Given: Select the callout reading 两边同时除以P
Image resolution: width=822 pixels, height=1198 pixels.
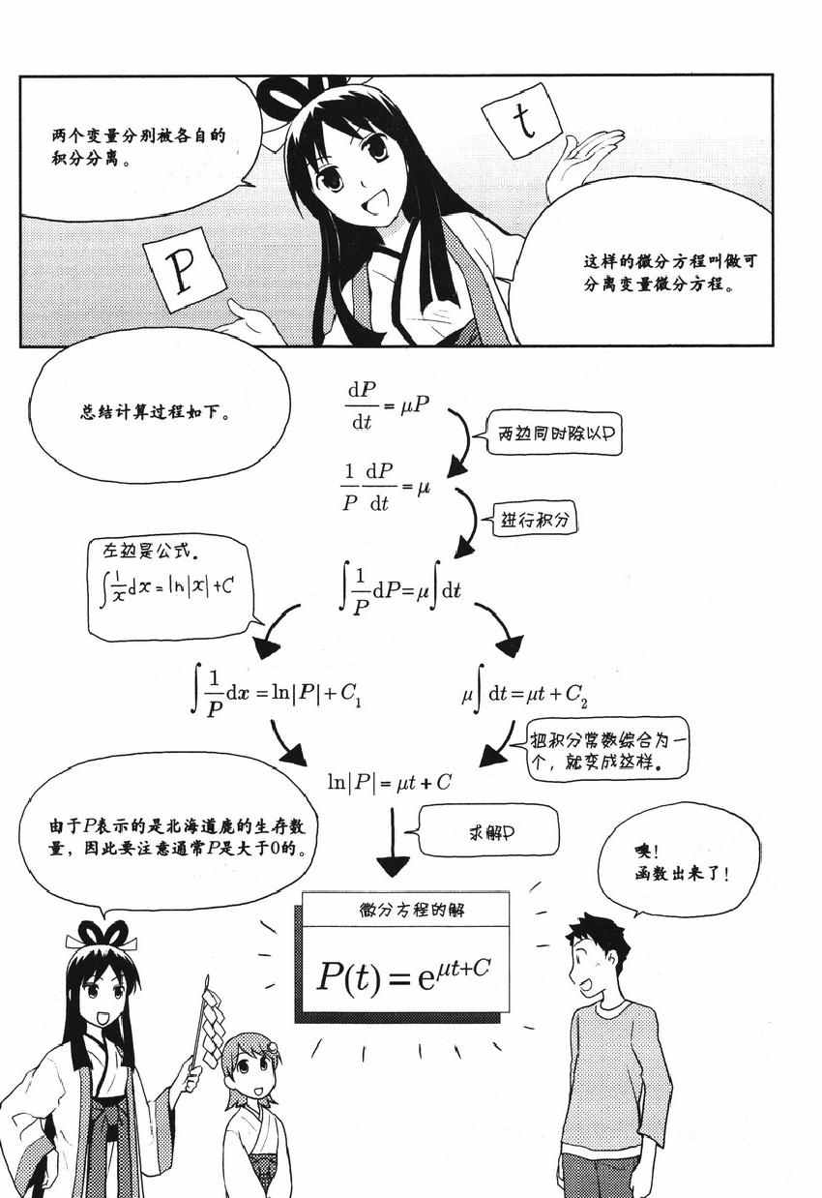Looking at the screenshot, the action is click(x=555, y=433).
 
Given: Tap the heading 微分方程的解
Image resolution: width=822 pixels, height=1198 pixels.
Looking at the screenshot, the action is click(x=412, y=911).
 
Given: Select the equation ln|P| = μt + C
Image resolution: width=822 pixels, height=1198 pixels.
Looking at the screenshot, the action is click(x=390, y=783).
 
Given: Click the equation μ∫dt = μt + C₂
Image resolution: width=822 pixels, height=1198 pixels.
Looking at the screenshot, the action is click(x=525, y=694).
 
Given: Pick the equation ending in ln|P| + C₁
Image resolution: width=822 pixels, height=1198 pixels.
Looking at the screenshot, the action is click(x=277, y=693).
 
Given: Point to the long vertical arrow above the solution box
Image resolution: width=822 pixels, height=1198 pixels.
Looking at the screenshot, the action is click(x=393, y=841).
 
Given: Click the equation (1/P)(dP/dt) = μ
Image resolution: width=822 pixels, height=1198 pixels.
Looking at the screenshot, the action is click(x=386, y=487).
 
